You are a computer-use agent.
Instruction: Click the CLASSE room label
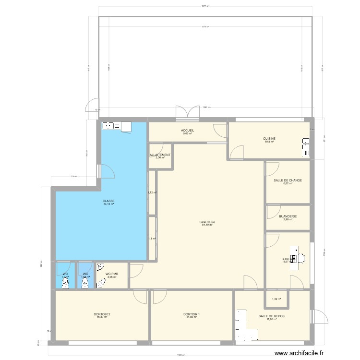click(x=108, y=201)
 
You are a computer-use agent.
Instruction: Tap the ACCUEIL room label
click(x=187, y=131)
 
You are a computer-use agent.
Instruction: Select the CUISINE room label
click(x=269, y=139)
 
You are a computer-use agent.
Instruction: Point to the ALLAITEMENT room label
click(x=160, y=155)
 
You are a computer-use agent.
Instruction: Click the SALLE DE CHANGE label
click(x=288, y=180)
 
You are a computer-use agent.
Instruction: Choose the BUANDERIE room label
click(x=288, y=216)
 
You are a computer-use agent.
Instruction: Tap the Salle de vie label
click(x=207, y=221)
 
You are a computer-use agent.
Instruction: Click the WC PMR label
click(x=112, y=274)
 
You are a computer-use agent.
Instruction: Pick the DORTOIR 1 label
click(x=192, y=314)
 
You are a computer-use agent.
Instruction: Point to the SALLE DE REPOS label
click(x=271, y=316)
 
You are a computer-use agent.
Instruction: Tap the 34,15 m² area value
click(x=108, y=204)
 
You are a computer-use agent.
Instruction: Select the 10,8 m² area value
click(x=269, y=142)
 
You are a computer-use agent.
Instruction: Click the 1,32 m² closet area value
click(x=276, y=300)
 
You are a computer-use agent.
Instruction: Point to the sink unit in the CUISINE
click(x=305, y=147)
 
